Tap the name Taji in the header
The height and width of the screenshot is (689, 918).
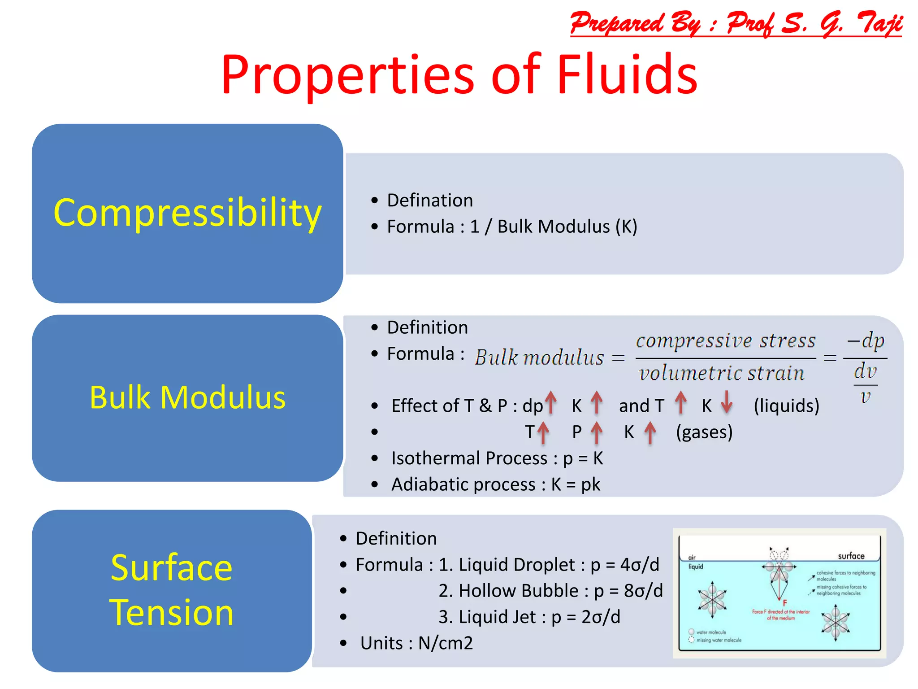click(879, 23)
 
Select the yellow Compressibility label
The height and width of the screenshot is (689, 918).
click(187, 213)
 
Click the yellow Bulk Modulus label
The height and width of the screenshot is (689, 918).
click(187, 397)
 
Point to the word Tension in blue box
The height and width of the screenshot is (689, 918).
click(172, 613)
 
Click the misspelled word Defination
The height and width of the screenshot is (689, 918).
click(429, 201)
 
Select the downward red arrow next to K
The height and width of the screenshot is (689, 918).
click(727, 402)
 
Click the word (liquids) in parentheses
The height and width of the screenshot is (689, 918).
click(786, 406)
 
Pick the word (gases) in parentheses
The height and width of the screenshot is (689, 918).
click(704, 432)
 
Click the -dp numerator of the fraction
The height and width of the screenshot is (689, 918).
click(865, 341)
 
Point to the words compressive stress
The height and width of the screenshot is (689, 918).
click(726, 341)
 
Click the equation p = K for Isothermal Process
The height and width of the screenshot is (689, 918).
click(583, 458)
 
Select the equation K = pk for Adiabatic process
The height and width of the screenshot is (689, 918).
click(576, 485)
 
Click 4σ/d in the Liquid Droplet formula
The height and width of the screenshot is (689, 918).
click(640, 565)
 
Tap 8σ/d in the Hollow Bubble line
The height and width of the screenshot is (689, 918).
click(643, 591)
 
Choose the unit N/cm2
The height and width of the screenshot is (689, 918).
click(446, 643)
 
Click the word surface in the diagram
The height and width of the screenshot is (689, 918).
click(851, 556)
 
